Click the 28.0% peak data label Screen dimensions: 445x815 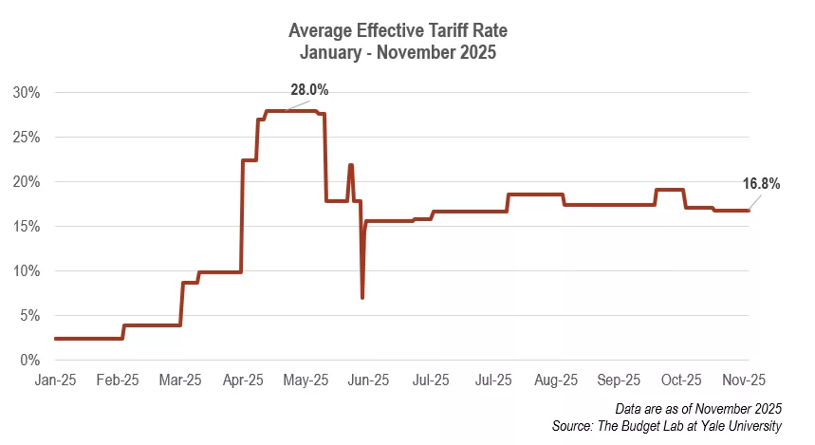309,90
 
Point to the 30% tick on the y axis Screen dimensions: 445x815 26,93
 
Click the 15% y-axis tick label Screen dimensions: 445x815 26,227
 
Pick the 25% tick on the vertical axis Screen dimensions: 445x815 26,138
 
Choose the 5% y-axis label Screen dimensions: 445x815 29,316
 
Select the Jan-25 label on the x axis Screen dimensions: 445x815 55,380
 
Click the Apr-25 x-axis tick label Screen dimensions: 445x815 243,380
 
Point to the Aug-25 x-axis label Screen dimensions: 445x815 556,380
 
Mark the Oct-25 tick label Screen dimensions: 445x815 681,380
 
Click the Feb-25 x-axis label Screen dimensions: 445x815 118,380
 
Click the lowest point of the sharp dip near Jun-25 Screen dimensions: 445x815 362,298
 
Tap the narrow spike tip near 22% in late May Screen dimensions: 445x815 351,165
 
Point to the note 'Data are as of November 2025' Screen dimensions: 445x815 698,408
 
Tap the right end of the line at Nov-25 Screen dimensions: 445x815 749,211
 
